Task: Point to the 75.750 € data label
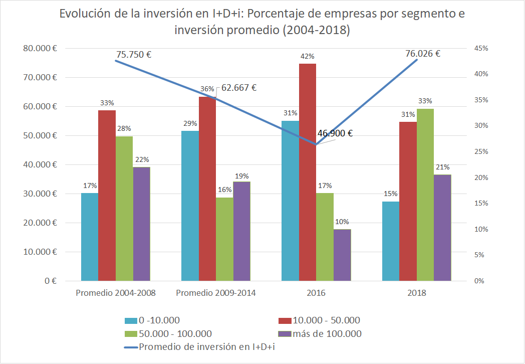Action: point(134,55)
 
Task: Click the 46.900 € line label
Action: point(335,134)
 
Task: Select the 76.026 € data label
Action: point(423,54)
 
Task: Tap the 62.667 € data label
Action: point(239,88)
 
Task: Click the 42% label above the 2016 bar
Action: point(308,57)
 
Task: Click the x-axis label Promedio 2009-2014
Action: point(216,293)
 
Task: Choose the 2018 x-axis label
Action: point(417,293)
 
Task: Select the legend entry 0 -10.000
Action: point(159,320)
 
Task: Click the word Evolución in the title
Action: point(84,14)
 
